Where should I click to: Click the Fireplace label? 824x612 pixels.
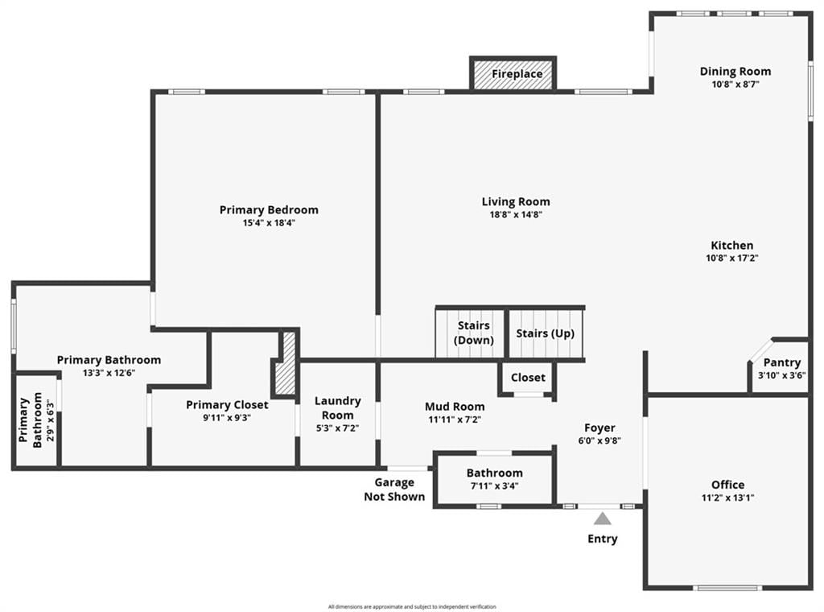coord(517,74)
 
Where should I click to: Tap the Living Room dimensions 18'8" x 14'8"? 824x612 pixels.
coord(516,214)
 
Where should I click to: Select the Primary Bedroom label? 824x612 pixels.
coord(269,210)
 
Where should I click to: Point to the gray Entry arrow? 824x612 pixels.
coord(602,519)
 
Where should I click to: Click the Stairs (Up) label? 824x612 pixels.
coord(545,333)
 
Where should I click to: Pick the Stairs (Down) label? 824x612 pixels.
coord(473,333)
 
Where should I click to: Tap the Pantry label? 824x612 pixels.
coord(782,363)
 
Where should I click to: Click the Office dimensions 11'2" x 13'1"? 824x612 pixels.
coord(727,498)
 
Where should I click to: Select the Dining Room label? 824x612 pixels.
coord(735,72)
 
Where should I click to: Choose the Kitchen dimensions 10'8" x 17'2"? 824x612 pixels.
coord(731,258)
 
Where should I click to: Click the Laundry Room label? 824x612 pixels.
coord(337,408)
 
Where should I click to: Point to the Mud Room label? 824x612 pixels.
coord(455,407)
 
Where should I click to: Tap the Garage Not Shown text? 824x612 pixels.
coord(394,490)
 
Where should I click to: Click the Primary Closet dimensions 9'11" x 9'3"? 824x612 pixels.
coord(227,418)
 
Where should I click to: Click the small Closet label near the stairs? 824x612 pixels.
coord(528,378)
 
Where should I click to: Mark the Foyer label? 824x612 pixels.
coord(599,428)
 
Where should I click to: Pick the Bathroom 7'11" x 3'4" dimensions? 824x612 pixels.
coord(495,486)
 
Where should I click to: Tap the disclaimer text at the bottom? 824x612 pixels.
coord(412,606)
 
